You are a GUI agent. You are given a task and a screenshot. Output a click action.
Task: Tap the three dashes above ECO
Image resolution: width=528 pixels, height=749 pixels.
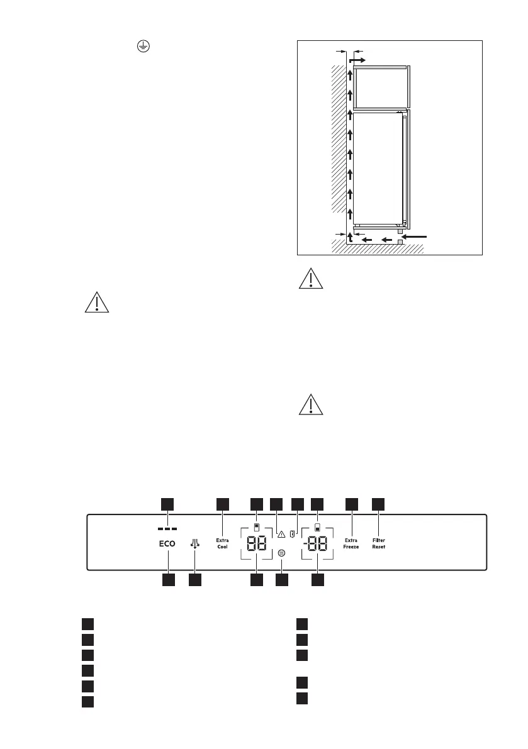[x=167, y=528]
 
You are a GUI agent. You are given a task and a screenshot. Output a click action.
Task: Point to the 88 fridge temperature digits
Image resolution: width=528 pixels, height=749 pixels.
[x=257, y=545]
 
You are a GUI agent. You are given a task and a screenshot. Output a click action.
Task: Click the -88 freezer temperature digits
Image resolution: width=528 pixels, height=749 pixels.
[x=318, y=545]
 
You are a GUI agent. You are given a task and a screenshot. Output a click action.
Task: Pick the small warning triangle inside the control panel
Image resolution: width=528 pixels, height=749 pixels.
[x=281, y=535]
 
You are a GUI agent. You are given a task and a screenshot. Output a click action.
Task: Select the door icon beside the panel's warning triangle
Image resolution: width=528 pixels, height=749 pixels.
[x=293, y=534]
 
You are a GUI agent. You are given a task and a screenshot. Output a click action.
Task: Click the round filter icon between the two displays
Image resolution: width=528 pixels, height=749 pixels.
[x=281, y=553]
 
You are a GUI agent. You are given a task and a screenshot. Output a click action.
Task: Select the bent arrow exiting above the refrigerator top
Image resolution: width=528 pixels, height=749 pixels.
[x=356, y=59]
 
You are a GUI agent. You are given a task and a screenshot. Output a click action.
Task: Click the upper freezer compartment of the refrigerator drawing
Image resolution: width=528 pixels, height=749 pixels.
[x=380, y=87]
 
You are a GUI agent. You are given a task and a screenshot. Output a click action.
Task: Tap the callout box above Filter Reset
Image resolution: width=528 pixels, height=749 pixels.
[x=378, y=504]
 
